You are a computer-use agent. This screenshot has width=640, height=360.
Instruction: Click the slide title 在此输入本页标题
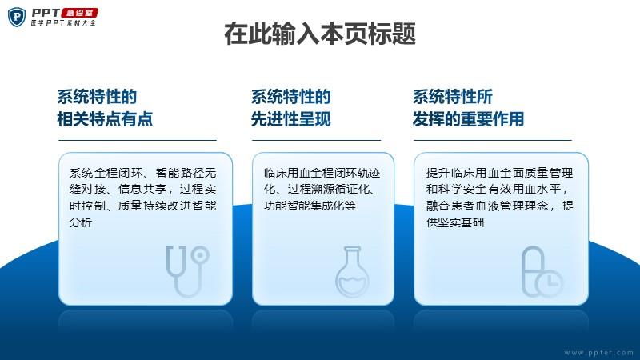320,34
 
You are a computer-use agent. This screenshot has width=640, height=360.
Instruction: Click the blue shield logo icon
17,17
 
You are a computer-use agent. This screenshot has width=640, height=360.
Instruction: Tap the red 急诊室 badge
79,13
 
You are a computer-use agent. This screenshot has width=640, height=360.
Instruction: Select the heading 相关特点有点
105,118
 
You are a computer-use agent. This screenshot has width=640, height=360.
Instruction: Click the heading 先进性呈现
290,118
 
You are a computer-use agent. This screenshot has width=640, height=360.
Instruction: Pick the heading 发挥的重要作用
468,118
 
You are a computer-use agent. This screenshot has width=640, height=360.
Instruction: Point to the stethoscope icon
187,270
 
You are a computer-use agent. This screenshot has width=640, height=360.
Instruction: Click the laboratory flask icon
352,271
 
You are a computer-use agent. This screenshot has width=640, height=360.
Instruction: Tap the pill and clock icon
542,271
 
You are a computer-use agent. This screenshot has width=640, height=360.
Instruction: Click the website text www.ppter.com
598,353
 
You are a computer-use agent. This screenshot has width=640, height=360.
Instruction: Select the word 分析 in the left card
81,222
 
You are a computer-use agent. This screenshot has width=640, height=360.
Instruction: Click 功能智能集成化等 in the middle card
310,206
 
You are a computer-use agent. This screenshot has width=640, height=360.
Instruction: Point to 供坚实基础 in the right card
455,222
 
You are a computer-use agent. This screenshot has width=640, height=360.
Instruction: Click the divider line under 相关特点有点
138,141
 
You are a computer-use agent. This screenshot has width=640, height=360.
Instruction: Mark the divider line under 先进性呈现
316,141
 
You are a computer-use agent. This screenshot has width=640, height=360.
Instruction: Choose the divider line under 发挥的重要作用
493,141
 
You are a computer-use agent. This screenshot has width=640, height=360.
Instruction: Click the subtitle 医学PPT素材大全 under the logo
63,23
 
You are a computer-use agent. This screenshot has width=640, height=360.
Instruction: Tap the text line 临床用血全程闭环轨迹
322,173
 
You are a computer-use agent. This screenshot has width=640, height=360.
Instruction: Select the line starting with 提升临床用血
499,173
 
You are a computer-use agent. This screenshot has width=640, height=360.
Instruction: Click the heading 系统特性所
452,97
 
